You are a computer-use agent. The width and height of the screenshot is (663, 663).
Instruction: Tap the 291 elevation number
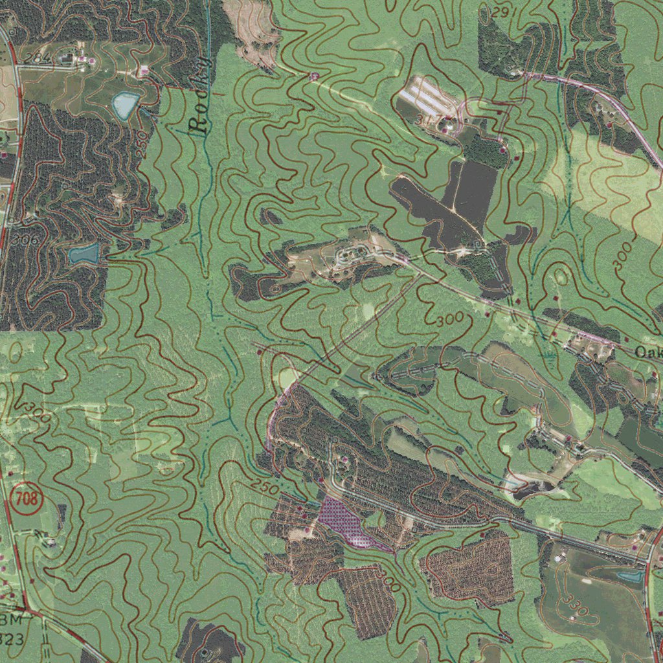(500, 12)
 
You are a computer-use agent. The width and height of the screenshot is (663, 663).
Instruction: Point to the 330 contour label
(576, 606)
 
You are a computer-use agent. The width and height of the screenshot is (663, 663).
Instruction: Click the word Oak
(648, 353)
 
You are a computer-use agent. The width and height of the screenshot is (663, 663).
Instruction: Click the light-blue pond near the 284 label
(125, 104)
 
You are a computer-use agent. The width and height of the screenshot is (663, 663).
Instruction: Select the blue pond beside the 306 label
(85, 254)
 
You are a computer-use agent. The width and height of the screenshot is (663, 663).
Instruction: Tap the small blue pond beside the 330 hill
(631, 576)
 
